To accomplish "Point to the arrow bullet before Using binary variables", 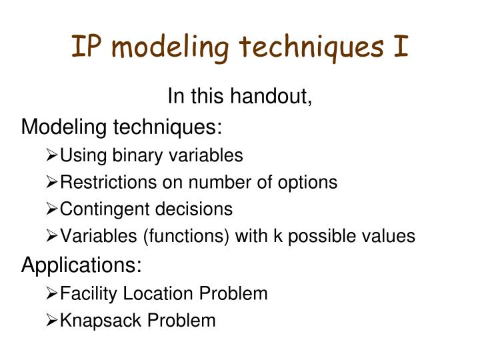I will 53,156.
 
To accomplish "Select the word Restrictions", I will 106,182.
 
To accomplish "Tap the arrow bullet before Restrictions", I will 53,182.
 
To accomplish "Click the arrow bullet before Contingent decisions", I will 53,209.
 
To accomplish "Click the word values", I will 392,236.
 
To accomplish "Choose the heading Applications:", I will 82,265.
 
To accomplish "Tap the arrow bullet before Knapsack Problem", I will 53,321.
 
